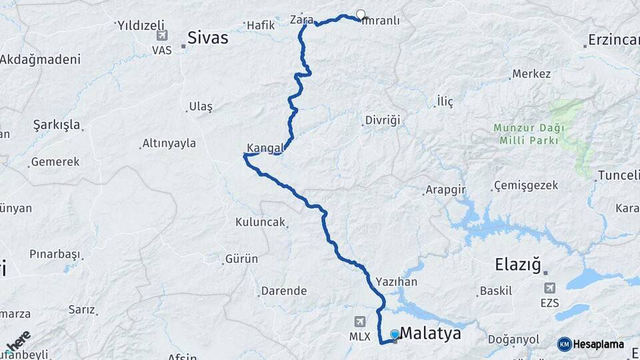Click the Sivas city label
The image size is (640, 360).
(207, 38)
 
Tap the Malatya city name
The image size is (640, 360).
(430, 333)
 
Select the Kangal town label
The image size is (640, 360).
(265, 147)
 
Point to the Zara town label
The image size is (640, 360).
(301, 20)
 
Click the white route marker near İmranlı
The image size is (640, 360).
(361, 14)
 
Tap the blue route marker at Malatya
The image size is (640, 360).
(395, 334)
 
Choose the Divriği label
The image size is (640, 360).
(382, 121)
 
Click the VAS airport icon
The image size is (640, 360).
(162, 35)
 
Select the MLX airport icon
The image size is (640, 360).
(361, 321)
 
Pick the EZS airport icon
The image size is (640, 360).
(550, 288)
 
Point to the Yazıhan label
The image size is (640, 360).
(396, 282)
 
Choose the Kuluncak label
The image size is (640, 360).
(259, 222)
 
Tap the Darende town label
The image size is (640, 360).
(283, 291)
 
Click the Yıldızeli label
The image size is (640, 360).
(141, 26)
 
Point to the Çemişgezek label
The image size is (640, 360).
(526, 185)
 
